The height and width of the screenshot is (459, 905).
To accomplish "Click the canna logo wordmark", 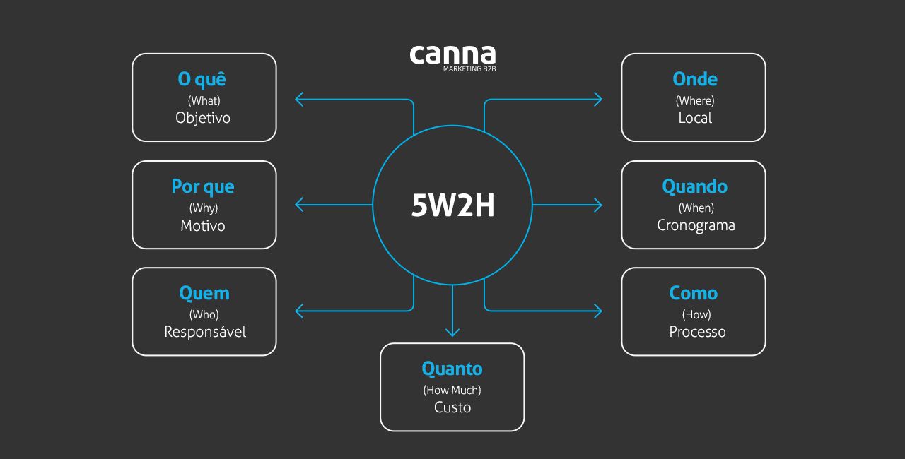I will pos(452,55).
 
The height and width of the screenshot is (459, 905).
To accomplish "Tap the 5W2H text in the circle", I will pos(452,205).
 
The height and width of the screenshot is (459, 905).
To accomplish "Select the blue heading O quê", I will pos(202,79).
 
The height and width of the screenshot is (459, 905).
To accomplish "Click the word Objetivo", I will pos(203,118).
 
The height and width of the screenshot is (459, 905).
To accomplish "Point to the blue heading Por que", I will pos(203,187).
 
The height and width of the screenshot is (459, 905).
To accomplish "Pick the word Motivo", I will pos(203,226).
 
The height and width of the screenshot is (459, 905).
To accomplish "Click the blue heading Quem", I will pos(204,293).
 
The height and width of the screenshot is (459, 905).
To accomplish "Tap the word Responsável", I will pos(205,332).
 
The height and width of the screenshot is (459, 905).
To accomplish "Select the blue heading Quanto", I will pos(452,369).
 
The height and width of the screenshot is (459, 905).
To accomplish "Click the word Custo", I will pos(452,407).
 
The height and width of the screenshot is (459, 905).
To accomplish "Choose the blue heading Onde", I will pos(695,79).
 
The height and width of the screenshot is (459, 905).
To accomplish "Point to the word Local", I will pos(695,118).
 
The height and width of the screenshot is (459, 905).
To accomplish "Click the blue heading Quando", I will pos(695,187).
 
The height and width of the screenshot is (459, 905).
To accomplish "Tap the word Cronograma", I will pos(696,226).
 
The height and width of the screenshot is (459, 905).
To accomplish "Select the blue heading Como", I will pos(694,293).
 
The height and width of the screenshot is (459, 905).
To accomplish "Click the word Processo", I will pos(697,332).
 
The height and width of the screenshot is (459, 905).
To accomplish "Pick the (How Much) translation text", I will pos(452,390).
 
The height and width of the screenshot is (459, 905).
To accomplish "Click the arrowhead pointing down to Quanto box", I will pos(452,332).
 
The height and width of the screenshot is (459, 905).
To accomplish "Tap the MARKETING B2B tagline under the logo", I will pos(469,69).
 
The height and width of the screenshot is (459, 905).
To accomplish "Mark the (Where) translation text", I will pos(695,101).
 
